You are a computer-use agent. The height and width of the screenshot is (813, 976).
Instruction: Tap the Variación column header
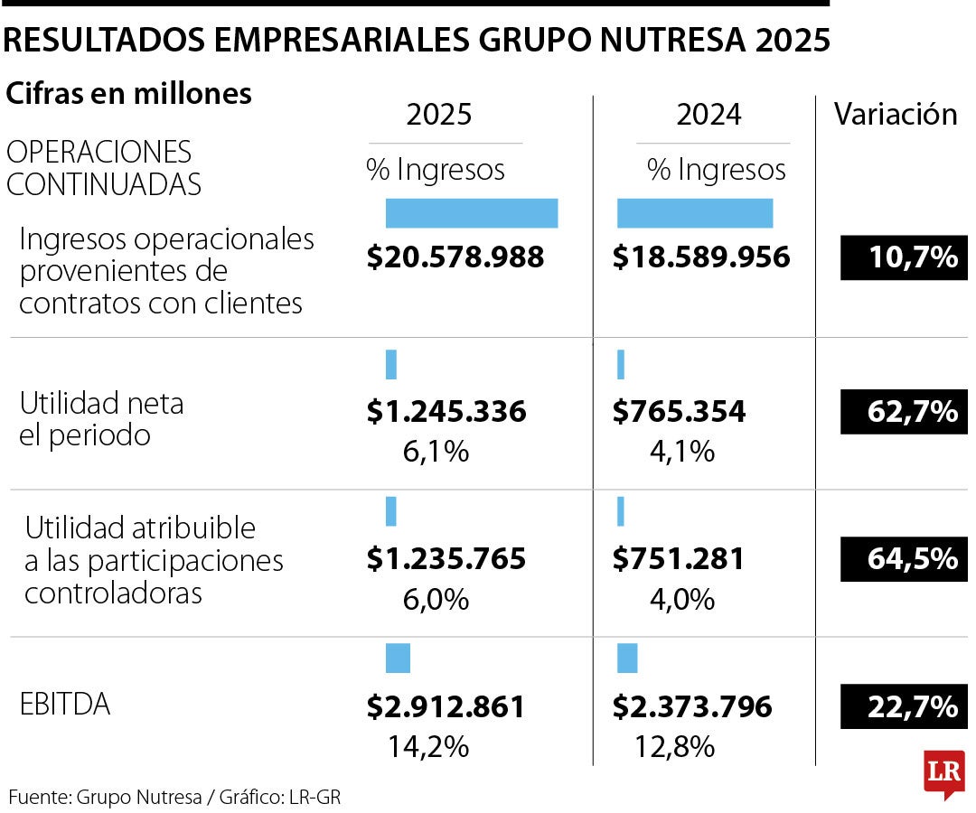point(895,114)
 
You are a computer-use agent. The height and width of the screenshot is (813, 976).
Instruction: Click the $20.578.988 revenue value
point(455,257)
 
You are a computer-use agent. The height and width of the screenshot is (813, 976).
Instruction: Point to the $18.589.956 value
point(701,257)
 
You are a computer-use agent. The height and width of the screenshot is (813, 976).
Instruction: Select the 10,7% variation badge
point(904,257)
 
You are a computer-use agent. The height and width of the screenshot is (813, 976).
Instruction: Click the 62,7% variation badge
point(904,412)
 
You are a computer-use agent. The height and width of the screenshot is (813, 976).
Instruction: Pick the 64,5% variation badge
point(904,558)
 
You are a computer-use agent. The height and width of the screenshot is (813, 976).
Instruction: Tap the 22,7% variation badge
point(904,706)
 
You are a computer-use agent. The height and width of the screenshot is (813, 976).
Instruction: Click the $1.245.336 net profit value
point(446,412)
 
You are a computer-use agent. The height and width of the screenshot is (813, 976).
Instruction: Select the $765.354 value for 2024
point(680,412)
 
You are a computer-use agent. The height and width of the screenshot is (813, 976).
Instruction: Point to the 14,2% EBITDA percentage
point(428,746)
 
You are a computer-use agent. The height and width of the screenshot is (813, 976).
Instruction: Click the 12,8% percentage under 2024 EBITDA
point(675,746)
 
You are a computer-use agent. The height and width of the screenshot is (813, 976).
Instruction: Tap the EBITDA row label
point(65,705)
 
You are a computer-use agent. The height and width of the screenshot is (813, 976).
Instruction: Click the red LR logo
point(943,772)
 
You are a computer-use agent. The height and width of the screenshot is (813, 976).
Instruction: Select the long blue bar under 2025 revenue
point(471,213)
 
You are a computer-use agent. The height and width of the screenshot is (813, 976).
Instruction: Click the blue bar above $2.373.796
point(627,658)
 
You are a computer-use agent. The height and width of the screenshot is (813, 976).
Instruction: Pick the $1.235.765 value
point(446,558)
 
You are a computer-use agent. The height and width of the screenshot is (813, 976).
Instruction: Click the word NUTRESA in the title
point(632,40)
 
